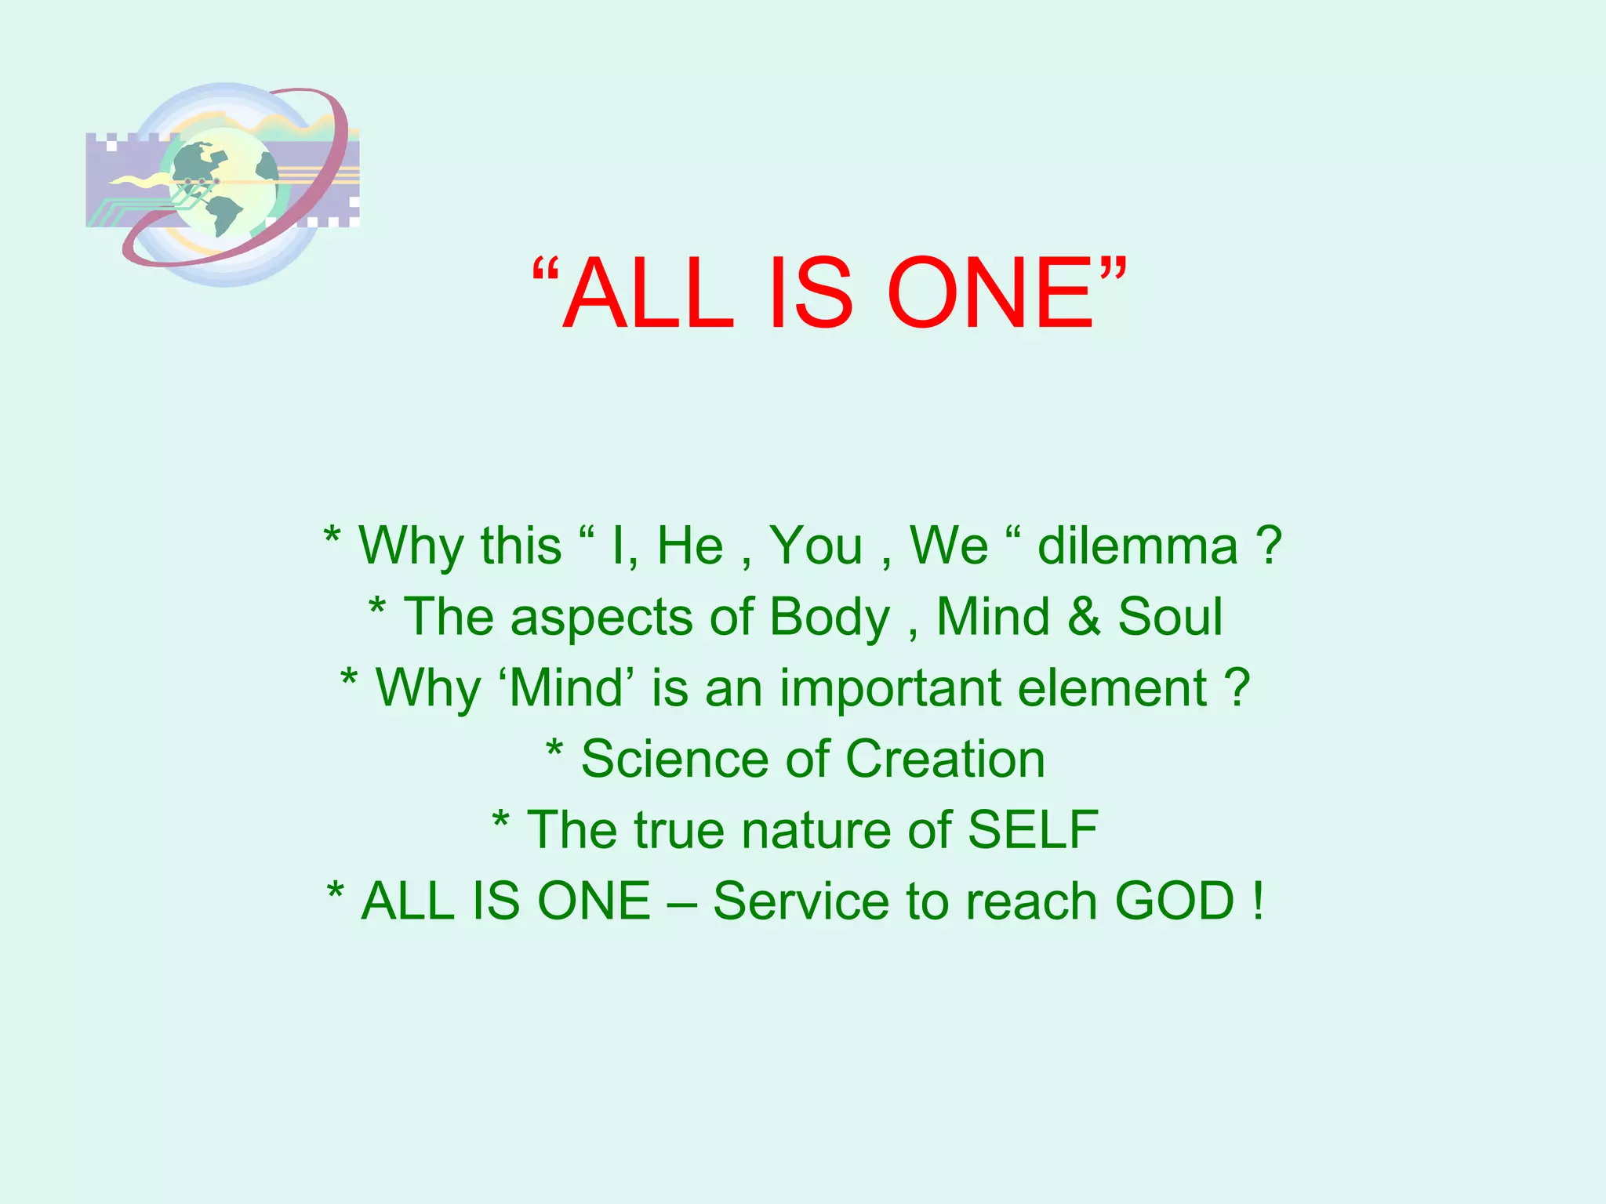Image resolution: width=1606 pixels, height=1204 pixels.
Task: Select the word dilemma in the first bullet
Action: coord(1137,546)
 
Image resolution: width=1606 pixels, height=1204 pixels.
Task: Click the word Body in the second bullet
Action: coord(830,618)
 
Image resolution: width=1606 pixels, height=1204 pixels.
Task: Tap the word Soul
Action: coord(1170,617)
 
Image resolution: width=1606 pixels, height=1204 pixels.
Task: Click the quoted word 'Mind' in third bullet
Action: coord(571,688)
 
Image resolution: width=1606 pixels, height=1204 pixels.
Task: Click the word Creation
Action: coord(945,760)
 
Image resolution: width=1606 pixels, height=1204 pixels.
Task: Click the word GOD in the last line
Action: coord(1175,901)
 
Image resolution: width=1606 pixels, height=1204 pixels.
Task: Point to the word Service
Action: coord(801,901)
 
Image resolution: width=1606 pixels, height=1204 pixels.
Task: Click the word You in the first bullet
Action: coord(816,546)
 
